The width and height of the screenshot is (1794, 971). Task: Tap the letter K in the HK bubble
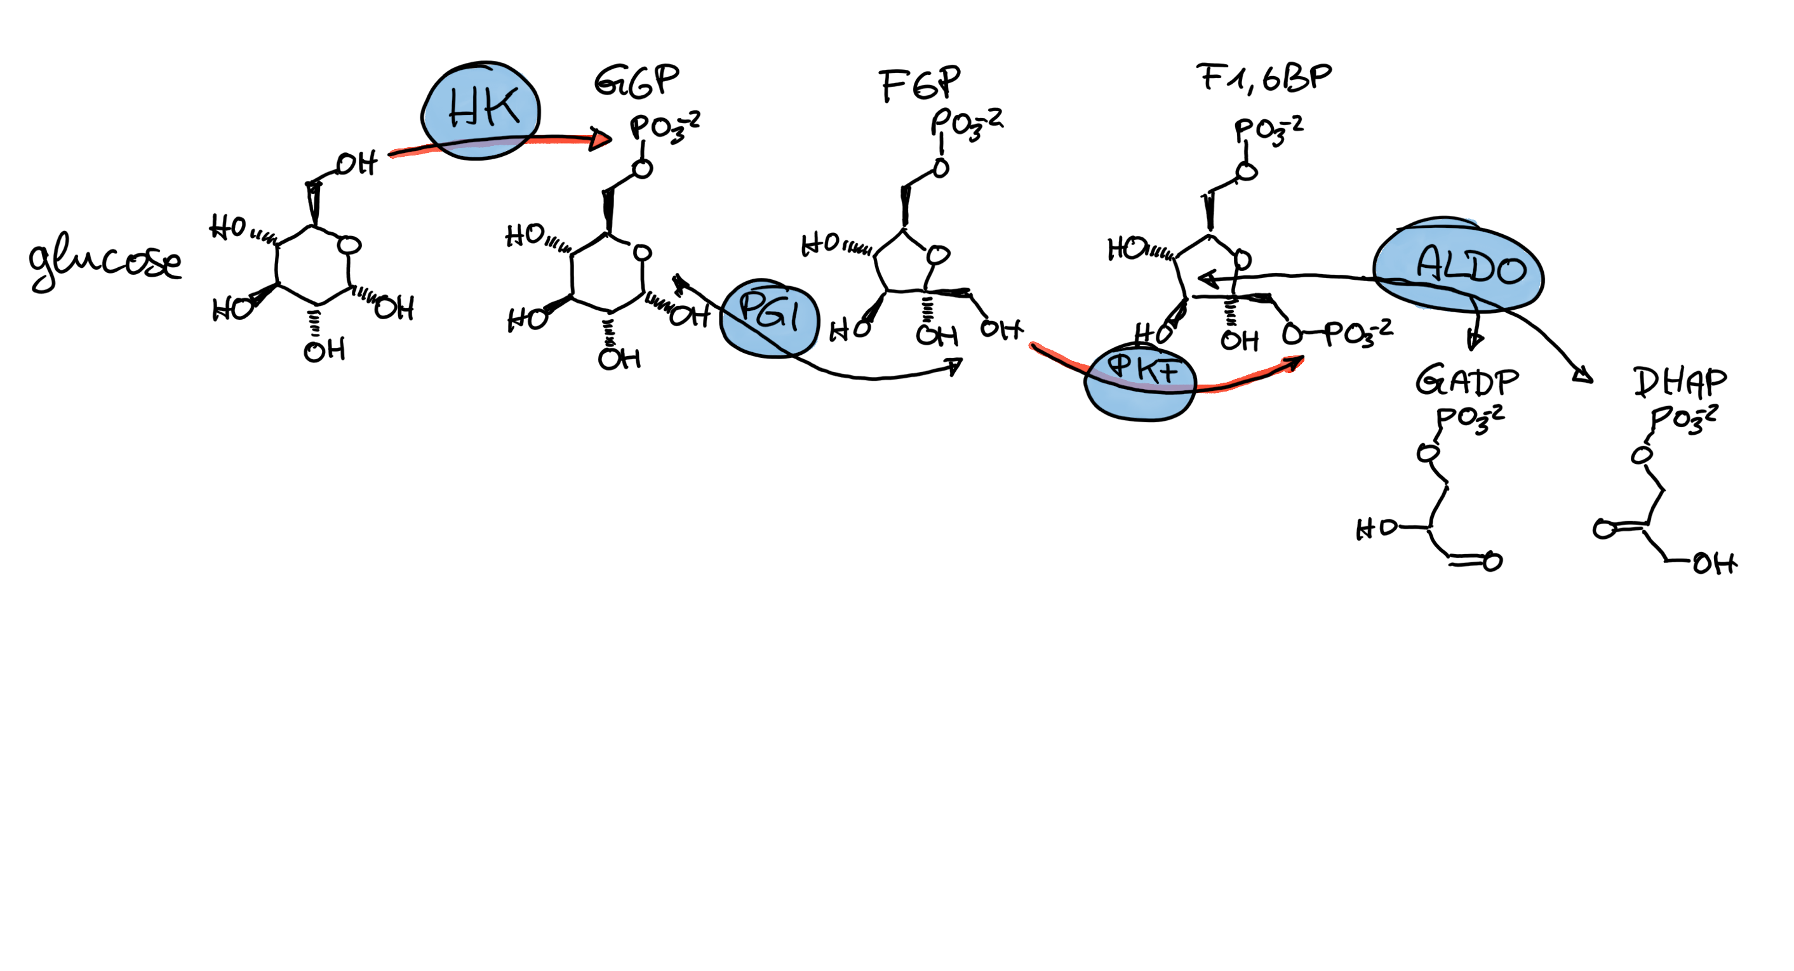[x=502, y=107]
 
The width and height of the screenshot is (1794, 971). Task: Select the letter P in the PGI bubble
[x=750, y=307]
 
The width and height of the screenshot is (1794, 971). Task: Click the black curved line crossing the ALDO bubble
[x=1435, y=285]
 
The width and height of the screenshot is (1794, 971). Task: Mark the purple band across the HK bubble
[x=481, y=144]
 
